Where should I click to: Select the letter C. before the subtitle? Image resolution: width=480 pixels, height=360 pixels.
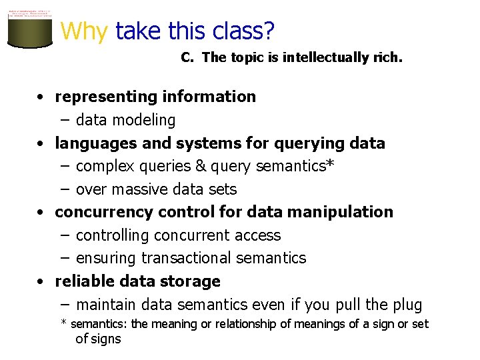187,57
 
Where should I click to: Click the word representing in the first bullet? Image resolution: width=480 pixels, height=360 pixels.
98,97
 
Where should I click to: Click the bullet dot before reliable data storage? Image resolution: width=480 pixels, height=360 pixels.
41,282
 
